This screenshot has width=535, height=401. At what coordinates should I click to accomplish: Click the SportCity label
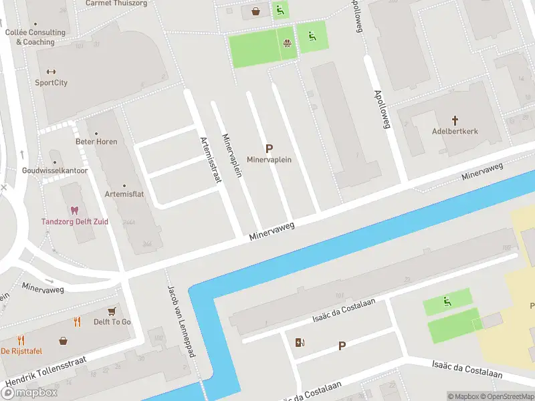click(x=51, y=83)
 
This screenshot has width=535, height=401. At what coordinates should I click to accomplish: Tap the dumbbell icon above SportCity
click(x=51, y=72)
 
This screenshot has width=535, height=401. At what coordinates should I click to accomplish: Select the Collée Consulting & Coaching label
click(x=35, y=37)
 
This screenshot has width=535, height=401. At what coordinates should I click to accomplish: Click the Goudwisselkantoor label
click(x=55, y=170)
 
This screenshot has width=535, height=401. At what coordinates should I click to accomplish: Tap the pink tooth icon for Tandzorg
click(x=74, y=211)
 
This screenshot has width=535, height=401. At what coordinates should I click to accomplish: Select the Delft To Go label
click(x=112, y=322)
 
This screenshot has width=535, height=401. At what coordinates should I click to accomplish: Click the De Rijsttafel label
click(x=22, y=350)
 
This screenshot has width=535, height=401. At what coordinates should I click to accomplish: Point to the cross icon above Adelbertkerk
click(x=455, y=121)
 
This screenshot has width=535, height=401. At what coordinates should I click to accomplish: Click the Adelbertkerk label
click(x=455, y=132)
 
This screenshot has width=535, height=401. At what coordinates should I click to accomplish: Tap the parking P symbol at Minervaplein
click(x=270, y=149)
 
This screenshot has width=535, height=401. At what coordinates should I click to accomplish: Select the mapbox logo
click(x=29, y=392)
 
